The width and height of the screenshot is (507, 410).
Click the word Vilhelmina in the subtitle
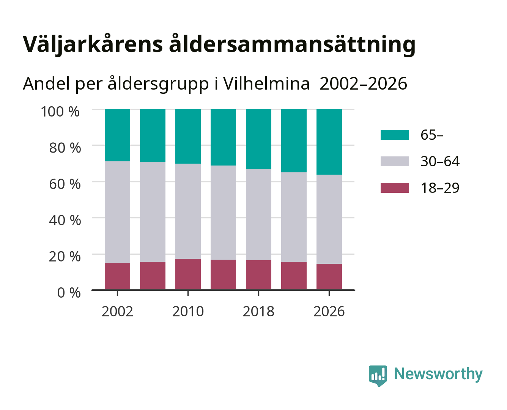pos(266,84)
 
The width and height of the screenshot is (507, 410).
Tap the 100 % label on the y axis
pos(60,112)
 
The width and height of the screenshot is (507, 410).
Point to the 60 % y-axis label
pos(65,184)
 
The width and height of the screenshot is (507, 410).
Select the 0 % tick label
pos(69,292)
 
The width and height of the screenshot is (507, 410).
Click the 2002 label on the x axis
pos(117,311)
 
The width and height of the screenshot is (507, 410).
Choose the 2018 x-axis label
pos(258,311)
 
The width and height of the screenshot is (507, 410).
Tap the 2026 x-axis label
pos(329,311)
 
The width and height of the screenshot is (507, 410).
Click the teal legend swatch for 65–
pos(395,135)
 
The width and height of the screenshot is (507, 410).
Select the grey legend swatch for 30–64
pos(395,161)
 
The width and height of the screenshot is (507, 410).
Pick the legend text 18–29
pos(440,188)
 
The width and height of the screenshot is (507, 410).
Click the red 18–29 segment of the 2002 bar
pos(117,276)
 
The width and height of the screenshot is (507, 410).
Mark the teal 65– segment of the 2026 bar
pos(329,142)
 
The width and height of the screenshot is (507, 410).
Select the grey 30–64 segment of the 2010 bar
pos(188,211)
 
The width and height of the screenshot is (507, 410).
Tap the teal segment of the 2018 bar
pos(258,139)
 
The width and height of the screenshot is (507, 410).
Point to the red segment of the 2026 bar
pos(329,277)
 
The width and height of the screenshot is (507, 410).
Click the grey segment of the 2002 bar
pos(117,212)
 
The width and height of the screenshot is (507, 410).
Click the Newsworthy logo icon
pos(378,376)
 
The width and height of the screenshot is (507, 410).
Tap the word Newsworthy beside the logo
pos(438,374)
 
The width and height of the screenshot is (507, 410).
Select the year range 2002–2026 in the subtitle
pos(363,84)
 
